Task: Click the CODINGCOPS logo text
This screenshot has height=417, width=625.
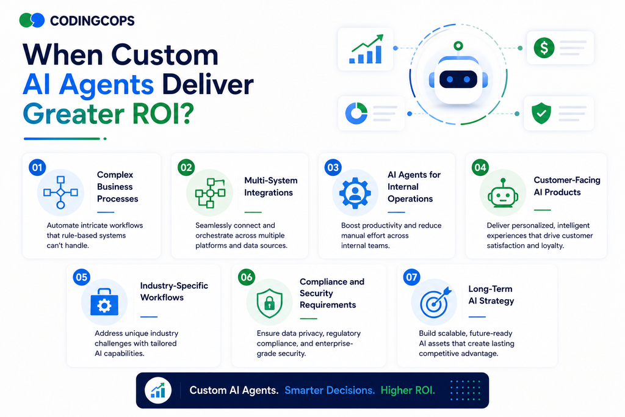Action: point(92,21)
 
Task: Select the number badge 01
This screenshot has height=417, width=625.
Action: point(37,167)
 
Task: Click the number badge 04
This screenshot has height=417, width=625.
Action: point(480,167)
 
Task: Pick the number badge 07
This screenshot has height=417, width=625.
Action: point(411,277)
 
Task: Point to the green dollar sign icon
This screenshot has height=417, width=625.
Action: point(544,48)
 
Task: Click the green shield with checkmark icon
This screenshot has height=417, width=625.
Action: point(541,113)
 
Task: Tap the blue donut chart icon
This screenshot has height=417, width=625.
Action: point(356,113)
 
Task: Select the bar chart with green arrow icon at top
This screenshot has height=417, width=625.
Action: point(366,49)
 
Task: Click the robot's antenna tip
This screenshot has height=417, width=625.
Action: point(458,45)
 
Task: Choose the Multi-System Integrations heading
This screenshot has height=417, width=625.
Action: point(270,187)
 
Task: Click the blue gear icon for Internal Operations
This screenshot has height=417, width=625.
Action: point(355,193)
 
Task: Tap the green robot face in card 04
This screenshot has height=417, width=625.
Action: point(503,193)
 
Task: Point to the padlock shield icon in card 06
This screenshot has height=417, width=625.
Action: point(269,303)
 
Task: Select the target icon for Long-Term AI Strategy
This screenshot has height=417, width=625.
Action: point(435,302)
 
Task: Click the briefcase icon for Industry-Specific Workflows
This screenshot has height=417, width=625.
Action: point(104,302)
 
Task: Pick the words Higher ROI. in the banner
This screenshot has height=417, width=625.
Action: point(408,390)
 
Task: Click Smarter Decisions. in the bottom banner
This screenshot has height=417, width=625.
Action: point(330,390)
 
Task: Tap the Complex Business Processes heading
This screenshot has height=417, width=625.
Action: point(118,187)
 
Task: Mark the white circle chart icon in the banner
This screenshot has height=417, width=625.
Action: point(158,391)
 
